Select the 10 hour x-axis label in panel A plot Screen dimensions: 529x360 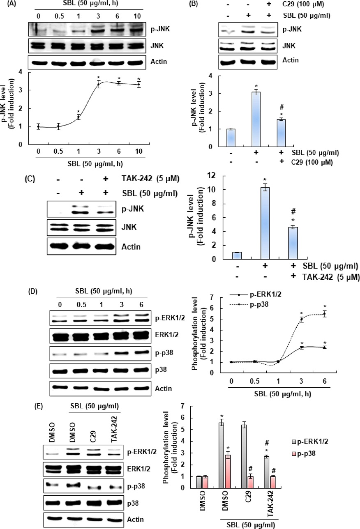[138, 152]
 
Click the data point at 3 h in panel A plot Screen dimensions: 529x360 [99, 84]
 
